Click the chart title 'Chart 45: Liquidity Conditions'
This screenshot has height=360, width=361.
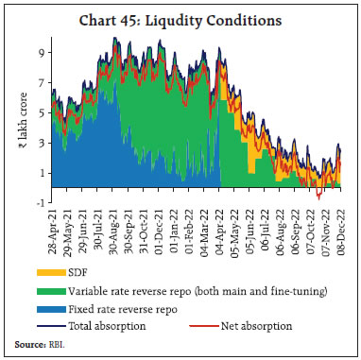coord(180,19)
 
